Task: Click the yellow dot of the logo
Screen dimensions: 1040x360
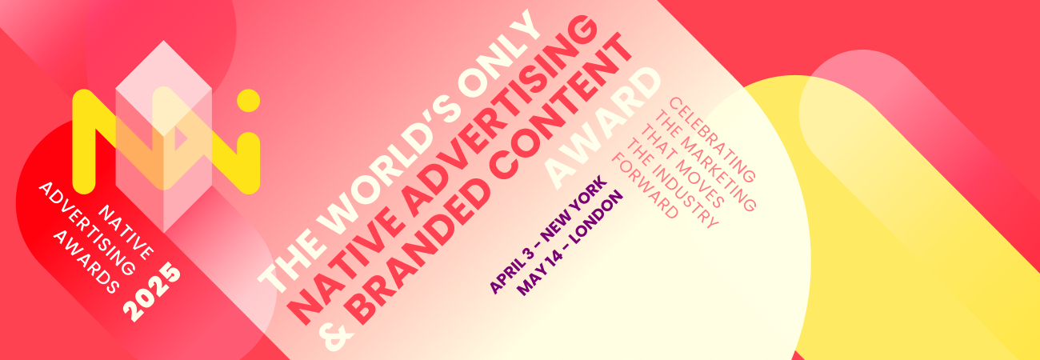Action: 248,101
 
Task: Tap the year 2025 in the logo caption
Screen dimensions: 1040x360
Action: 152,292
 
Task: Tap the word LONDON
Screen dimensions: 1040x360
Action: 597,218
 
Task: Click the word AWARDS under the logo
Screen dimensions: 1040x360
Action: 85,261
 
